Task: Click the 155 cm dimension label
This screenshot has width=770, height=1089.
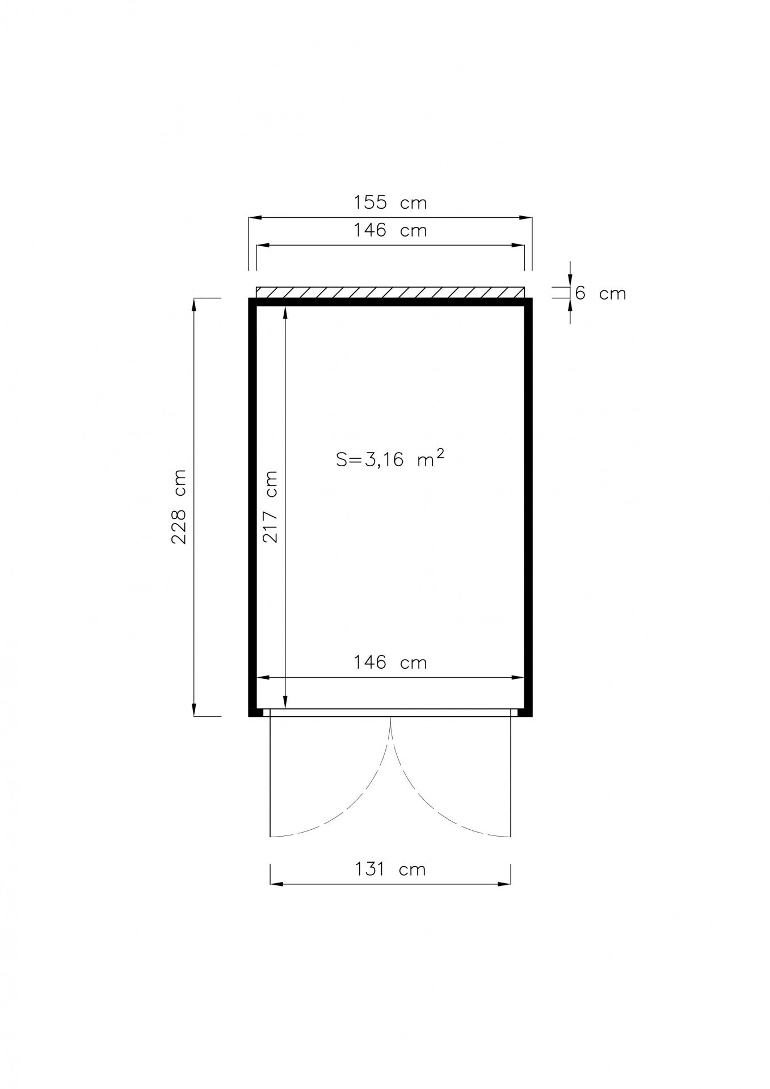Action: (x=390, y=202)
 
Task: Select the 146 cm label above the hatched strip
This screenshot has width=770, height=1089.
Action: (x=390, y=230)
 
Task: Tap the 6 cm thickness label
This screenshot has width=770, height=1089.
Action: (x=600, y=293)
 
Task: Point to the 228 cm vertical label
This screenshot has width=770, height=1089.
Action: (x=179, y=506)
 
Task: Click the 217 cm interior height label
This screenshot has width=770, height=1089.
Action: (x=271, y=506)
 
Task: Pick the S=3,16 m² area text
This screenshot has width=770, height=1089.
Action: (x=390, y=458)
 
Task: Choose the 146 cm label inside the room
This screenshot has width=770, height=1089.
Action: (x=390, y=662)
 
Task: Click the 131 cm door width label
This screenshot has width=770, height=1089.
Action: (x=390, y=869)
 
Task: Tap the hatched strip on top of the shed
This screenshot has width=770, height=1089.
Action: (x=390, y=292)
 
